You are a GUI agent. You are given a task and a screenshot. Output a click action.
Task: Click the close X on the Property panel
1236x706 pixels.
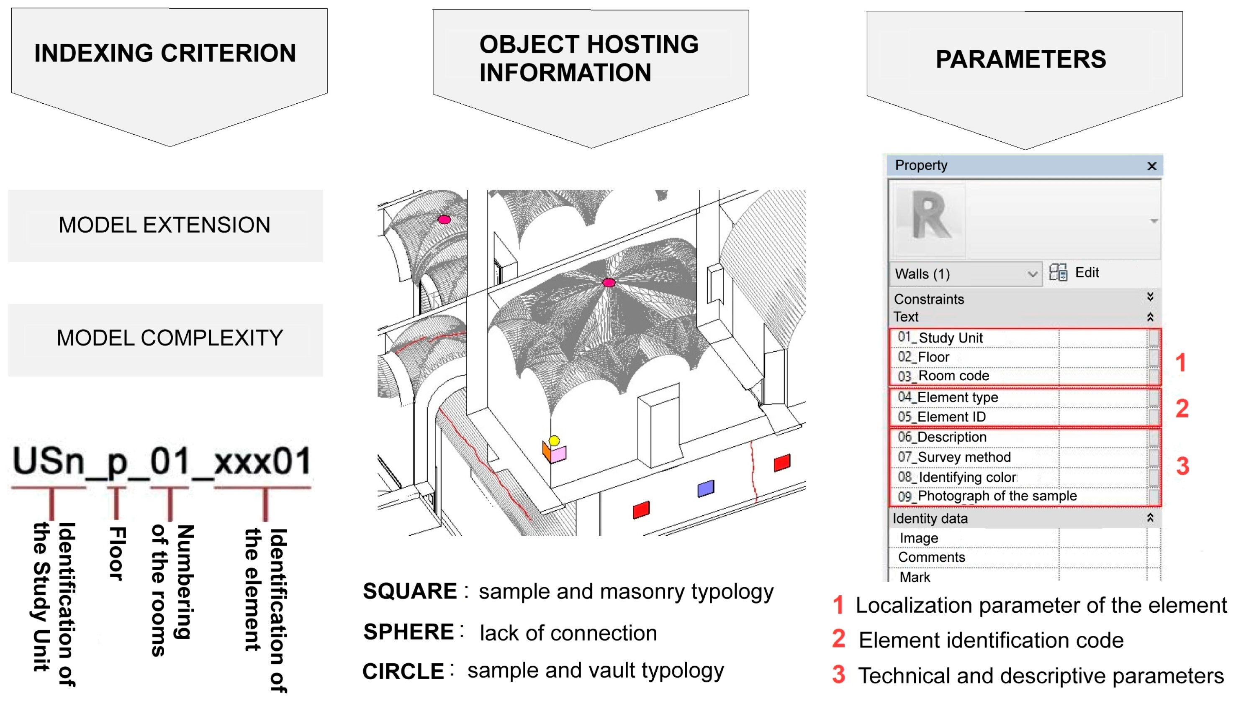(1151, 166)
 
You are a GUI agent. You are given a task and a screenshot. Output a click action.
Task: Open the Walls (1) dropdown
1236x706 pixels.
(1032, 274)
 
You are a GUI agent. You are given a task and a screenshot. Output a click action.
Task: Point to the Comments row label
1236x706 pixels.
(931, 557)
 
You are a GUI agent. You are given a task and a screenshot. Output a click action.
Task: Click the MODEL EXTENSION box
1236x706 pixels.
(165, 225)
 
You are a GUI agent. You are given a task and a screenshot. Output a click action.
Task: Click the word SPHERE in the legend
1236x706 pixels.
(409, 632)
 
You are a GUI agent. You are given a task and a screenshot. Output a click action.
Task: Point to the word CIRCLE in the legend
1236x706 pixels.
(403, 672)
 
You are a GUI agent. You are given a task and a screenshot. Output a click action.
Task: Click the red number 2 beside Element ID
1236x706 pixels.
(1182, 409)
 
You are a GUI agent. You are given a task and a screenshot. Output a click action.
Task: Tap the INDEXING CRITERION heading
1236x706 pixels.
(165, 54)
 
